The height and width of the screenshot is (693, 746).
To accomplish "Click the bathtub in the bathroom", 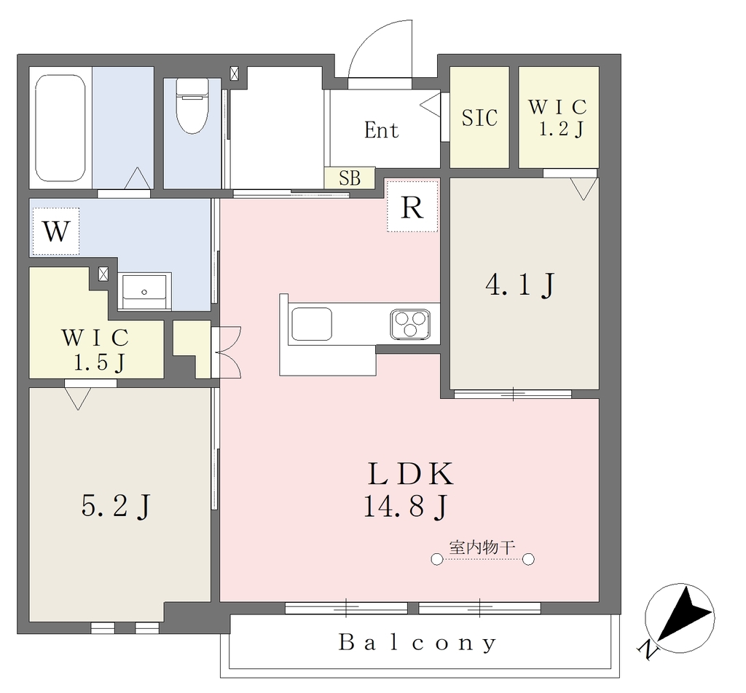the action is tap(60, 128).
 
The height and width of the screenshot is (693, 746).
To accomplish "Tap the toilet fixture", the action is tap(192, 106).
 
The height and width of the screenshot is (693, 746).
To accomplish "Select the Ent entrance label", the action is tap(381, 130).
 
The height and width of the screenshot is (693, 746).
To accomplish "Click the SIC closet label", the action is tap(479, 117).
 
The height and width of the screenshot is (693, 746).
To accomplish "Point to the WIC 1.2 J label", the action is tap(558, 118).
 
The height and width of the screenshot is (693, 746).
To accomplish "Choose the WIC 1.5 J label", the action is tap(95, 350).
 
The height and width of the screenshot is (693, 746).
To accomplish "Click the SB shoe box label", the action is tap(350, 178).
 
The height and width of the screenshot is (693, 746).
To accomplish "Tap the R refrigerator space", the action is tap(412, 206).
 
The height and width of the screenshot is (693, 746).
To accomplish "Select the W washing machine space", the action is tap(55, 231).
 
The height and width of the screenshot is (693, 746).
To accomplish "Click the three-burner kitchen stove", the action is tap(410, 324).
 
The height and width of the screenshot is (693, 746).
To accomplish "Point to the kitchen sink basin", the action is tap(312, 324).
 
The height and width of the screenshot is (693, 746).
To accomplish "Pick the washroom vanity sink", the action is tap(145, 291).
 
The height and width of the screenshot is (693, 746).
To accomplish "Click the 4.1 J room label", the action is tap(520, 285).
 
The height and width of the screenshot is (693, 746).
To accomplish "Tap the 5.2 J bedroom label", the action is tap(117, 505).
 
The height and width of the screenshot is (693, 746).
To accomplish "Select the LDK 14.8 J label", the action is tap(408, 490).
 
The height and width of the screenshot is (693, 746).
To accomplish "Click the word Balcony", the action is tap(417, 643).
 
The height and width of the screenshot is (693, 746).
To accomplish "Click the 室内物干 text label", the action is tap(482, 547).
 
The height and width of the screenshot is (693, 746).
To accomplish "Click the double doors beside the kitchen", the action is tap(228, 352).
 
